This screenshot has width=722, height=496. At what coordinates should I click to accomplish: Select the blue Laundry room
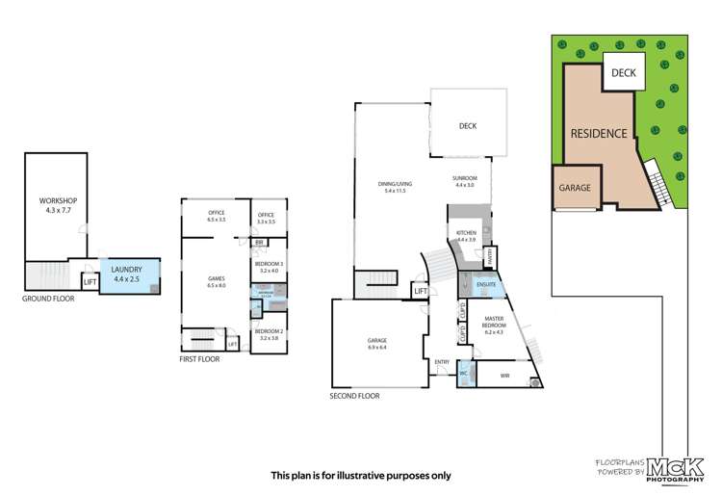coord(128,274)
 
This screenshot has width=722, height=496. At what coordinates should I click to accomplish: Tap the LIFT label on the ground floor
coord(90,281)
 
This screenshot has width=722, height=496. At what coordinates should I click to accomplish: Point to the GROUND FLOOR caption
coord(48,299)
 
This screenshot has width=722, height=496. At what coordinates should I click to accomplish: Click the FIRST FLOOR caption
coord(199,358)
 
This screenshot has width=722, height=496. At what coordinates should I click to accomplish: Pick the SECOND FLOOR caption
coord(354,396)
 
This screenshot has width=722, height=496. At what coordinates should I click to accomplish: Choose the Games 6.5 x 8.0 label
coord(216,283)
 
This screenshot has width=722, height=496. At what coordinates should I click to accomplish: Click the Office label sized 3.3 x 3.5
coord(265,218)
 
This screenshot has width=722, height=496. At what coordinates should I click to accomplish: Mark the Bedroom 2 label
coord(268,335)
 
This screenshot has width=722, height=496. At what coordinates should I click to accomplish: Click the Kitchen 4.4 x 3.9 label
coord(467,236)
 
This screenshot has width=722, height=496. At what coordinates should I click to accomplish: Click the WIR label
coord(505,375)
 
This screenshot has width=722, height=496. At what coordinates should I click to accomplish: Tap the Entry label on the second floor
coord(442,362)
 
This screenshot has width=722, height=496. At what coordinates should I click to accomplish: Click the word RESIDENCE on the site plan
coord(599,134)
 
